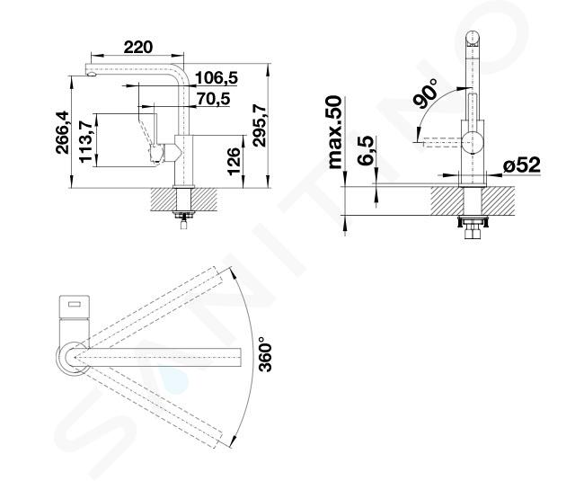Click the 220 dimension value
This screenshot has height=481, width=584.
tap(137, 48)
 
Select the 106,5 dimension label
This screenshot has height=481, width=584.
tap(216, 78)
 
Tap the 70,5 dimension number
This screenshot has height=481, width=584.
tap(214, 99)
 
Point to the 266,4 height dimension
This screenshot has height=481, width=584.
tap(62, 132)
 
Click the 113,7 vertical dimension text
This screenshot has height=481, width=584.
tap(85, 141)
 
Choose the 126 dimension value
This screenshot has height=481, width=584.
tap(234, 161)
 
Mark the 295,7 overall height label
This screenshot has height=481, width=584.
tap(259, 125)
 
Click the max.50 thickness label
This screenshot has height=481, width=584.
tap(335, 132)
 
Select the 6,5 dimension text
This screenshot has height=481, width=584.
tap(366, 150)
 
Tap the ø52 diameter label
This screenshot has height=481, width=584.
tap(521, 165)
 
